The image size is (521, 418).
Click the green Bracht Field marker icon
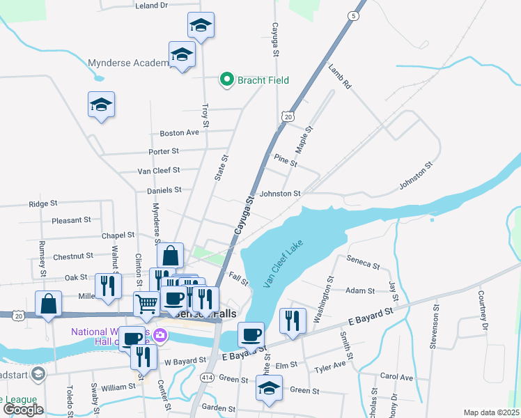coord(226,80)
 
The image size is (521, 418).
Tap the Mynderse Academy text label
coord(130,63)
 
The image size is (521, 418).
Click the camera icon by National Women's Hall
coord(161,336)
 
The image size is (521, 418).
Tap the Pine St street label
coord(286,161)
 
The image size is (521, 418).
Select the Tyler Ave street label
coord(329,367)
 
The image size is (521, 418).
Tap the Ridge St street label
coord(42,204)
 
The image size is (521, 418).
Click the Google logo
coord(22,409)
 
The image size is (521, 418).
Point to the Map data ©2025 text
coord(492,412)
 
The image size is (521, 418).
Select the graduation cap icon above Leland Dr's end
coord(201,26)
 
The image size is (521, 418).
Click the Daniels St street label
coord(164,189)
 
